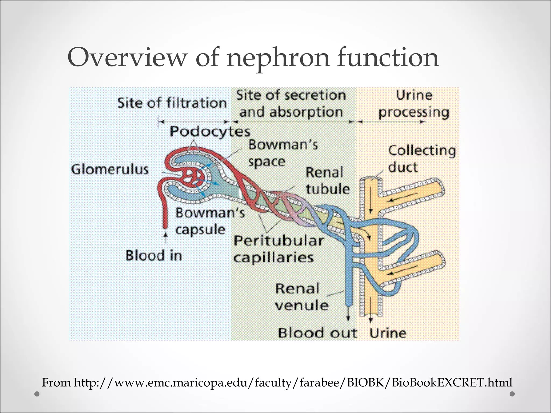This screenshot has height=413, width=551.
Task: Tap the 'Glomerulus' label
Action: pos(110,170)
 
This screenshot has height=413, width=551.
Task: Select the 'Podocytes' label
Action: pos(210,132)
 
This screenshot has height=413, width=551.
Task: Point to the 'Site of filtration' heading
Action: pos(172,103)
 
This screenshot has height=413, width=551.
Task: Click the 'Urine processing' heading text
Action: pos(414,104)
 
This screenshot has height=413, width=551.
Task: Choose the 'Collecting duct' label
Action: pos(422,159)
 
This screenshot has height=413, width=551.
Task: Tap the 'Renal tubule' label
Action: pos(327,180)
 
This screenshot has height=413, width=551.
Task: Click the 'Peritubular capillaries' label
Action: pos(278,249)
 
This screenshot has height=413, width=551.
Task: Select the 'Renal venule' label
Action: pos(301,297)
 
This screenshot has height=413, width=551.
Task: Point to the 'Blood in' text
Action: pos(154,255)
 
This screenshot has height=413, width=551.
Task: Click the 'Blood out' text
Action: pos(317,333)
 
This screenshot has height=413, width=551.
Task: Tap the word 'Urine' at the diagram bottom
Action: pos(388,333)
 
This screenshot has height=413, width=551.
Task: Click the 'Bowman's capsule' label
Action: pos(210,221)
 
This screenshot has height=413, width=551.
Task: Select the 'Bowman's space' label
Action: pos(282,153)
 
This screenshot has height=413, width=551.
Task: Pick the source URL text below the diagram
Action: pos(277,382)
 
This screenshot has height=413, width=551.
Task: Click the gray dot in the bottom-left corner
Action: pos(37,394)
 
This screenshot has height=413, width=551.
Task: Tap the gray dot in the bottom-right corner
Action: pos(512,394)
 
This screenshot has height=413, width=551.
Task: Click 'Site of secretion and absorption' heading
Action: pos(291,104)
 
